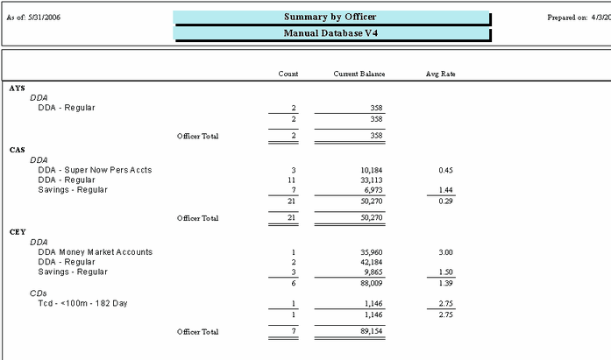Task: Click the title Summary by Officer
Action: click(x=330, y=18)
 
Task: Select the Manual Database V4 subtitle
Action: click(x=330, y=34)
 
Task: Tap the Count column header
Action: click(x=288, y=74)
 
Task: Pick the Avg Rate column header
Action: click(x=440, y=74)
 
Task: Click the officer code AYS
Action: click(x=17, y=88)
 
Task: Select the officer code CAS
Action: click(x=17, y=150)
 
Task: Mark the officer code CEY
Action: click(x=17, y=232)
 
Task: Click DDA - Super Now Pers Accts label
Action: click(x=82, y=170)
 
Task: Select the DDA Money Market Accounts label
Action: click(x=95, y=252)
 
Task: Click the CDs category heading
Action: click(x=38, y=293)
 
